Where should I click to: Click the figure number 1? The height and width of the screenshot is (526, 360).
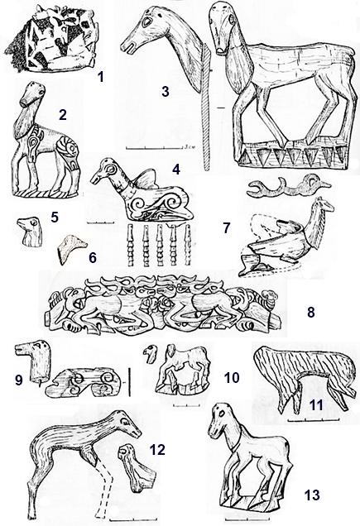(100, 77)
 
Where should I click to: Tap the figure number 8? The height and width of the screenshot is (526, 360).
(310, 312)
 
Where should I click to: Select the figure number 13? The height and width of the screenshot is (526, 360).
(312, 495)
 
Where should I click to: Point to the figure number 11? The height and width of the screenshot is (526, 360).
(316, 405)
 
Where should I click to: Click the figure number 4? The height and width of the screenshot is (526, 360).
(176, 169)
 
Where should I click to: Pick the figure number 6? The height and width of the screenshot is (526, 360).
(93, 258)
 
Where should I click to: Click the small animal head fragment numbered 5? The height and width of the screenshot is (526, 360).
(31, 232)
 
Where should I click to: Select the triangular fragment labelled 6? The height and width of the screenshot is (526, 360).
(71, 249)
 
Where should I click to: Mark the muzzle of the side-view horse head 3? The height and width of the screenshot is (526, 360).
(128, 48)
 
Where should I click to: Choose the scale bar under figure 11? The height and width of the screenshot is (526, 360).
(314, 419)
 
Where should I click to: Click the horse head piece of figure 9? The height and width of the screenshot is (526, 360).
(33, 361)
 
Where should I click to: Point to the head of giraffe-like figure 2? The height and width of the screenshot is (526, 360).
(33, 93)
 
